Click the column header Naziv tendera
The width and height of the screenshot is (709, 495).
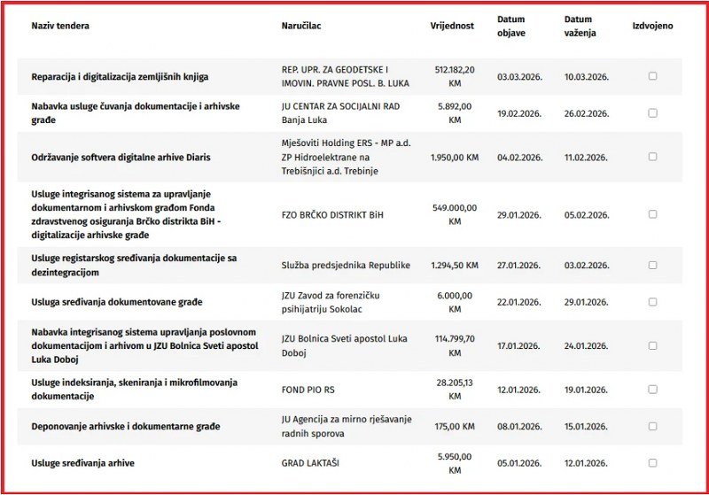pos(60,26)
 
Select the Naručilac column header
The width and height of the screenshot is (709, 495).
pos(301,26)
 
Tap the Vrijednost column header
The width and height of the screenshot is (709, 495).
pos(453,26)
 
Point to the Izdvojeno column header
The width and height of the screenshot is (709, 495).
pos(652,26)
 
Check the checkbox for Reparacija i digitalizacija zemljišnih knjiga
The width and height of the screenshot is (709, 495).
pos(653,76)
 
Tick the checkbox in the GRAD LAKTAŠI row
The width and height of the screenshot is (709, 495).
pos(653,462)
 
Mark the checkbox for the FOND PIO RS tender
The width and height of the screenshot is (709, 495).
pos(653,388)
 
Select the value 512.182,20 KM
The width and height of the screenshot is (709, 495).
pos(455,76)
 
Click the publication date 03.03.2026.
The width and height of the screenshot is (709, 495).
pos(518,77)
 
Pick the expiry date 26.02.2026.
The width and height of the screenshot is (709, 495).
pos(586,113)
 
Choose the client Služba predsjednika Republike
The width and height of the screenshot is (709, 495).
pos(346,265)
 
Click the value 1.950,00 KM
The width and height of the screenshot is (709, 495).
pos(455,157)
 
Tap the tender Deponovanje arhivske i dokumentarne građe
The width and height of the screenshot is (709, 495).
pos(125,426)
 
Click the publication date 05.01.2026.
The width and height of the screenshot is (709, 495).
pos(518,463)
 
